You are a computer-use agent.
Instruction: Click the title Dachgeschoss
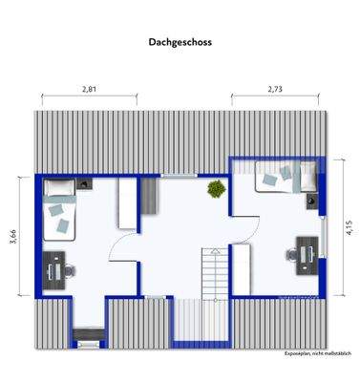pyautogui.click(x=180, y=42)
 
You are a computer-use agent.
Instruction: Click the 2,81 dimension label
pyautogui.click(x=90, y=89)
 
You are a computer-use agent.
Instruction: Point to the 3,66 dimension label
pyautogui.click(x=13, y=236)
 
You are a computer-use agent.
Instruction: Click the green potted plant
pyautogui.click(x=216, y=189)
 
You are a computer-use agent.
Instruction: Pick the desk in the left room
pyautogui.click(x=54, y=265)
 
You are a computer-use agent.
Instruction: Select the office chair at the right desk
pyautogui.click(x=291, y=255)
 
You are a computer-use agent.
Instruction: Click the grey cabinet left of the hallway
pyautogui.click(x=148, y=202)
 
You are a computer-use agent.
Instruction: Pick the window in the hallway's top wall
pyautogui.click(x=173, y=175)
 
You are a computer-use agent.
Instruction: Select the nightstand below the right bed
pyautogui.click(x=312, y=201)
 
